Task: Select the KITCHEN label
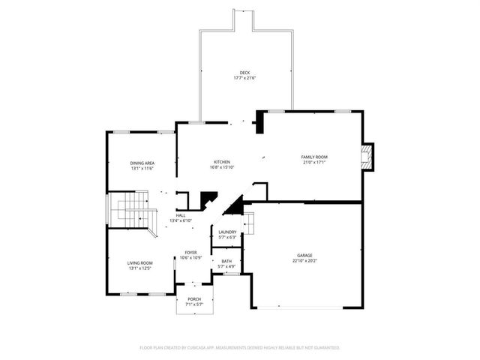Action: (x=221, y=162)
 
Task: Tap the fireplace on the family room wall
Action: (x=367, y=157)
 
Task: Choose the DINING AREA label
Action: (x=142, y=163)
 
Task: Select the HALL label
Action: (x=181, y=215)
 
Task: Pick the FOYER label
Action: (x=192, y=253)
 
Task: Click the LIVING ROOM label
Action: (x=139, y=262)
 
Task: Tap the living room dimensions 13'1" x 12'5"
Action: (x=139, y=268)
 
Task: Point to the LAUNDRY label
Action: (x=227, y=232)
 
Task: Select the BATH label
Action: (x=226, y=261)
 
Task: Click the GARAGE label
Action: (x=304, y=255)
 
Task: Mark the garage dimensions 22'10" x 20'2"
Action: (x=304, y=261)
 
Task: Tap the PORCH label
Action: (x=194, y=298)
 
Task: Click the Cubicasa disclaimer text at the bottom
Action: (x=240, y=348)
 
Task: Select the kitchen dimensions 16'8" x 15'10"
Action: (x=221, y=168)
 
